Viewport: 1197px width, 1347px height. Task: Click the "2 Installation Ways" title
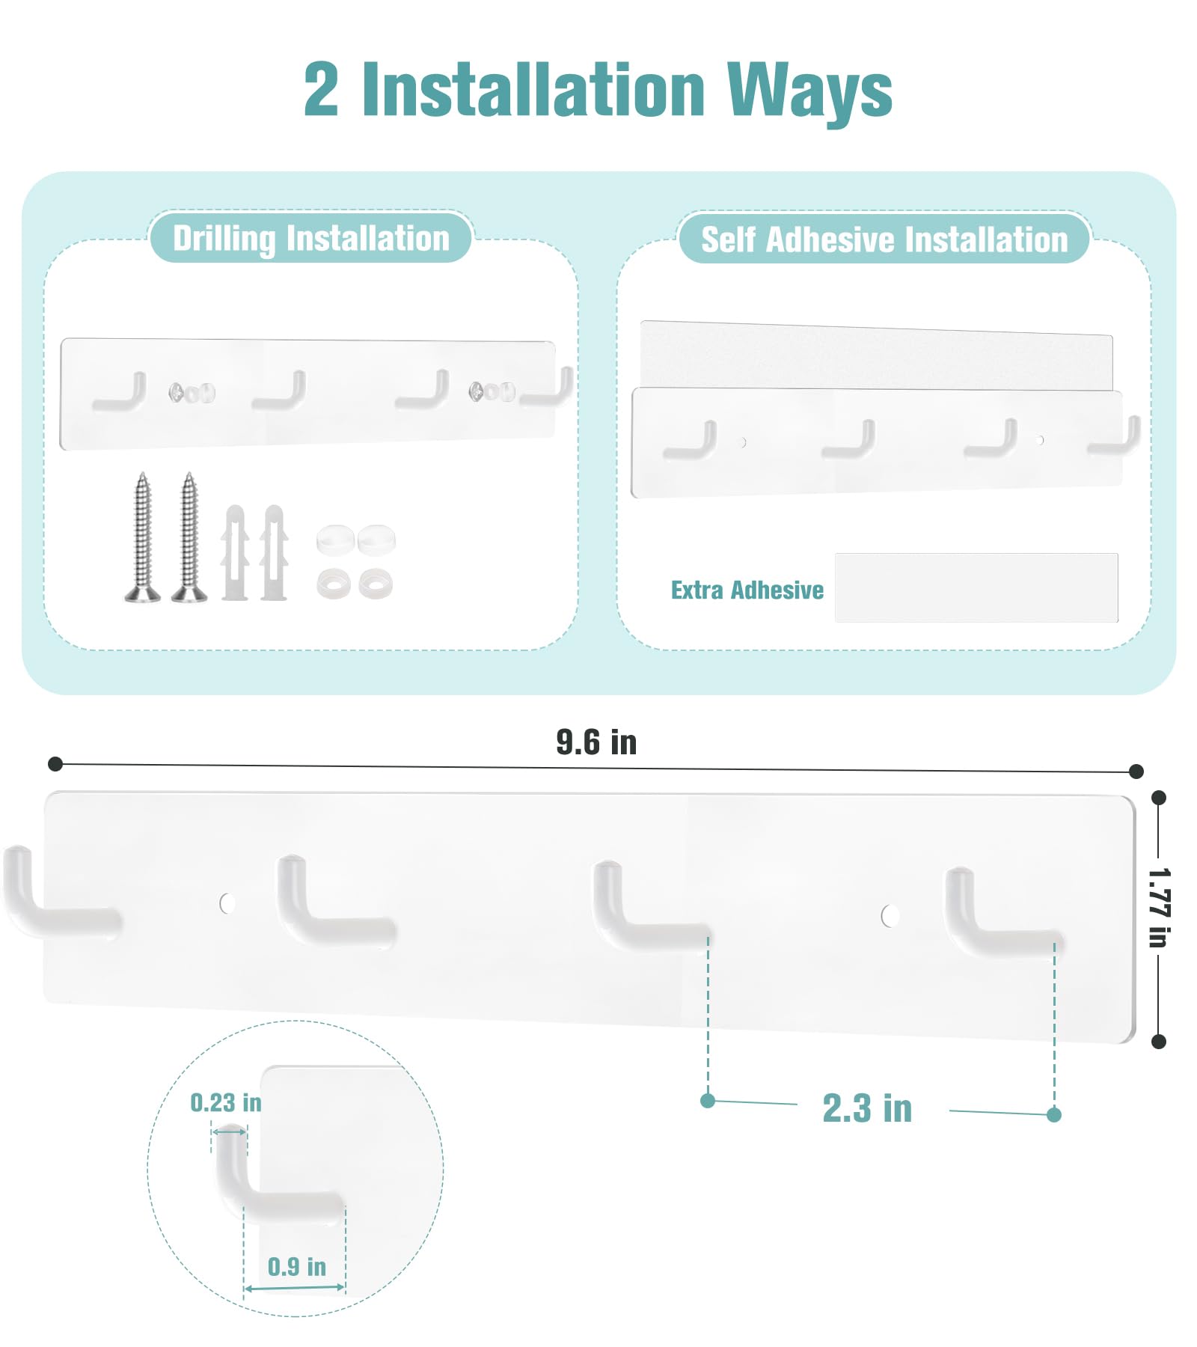pyautogui.click(x=598, y=90)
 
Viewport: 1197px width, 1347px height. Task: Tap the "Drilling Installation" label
pyautogui.click(x=311, y=239)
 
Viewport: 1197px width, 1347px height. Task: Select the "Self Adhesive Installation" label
pyautogui.click(x=884, y=240)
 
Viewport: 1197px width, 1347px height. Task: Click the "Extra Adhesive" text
pyautogui.click(x=747, y=590)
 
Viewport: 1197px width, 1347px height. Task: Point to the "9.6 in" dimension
pyautogui.click(x=596, y=742)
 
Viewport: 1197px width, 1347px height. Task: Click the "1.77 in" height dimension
pyautogui.click(x=1159, y=907)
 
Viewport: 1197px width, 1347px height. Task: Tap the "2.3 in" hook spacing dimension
pyautogui.click(x=867, y=1108)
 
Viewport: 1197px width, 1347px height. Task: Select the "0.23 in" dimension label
pyautogui.click(x=226, y=1102)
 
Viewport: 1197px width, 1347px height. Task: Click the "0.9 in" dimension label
pyautogui.click(x=297, y=1266)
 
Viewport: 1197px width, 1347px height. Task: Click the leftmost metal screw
pyautogui.click(x=142, y=537)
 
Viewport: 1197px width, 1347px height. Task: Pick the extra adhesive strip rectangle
pyautogui.click(x=976, y=587)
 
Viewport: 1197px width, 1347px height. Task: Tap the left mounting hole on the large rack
pyautogui.click(x=227, y=903)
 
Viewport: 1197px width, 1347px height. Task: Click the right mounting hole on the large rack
pyautogui.click(x=890, y=915)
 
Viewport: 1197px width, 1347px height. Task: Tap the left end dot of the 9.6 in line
pyautogui.click(x=55, y=763)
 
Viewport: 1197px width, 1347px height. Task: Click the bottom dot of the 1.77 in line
pyautogui.click(x=1159, y=1041)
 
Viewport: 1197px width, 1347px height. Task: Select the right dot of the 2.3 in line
pyautogui.click(x=1054, y=1115)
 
